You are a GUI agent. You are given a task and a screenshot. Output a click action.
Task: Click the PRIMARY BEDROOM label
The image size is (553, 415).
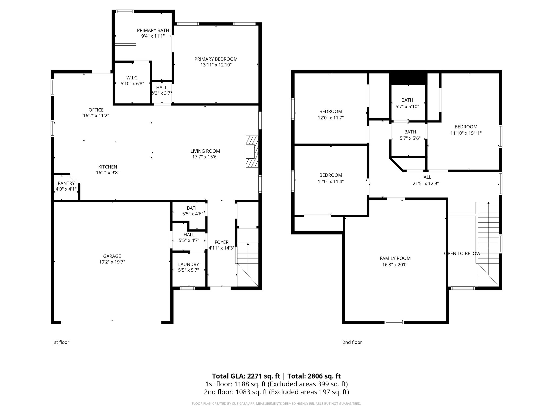[216, 59]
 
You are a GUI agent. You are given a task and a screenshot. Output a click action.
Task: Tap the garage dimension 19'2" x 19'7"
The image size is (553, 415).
[112, 262]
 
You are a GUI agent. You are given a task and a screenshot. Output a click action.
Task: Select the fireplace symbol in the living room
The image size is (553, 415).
[252, 152]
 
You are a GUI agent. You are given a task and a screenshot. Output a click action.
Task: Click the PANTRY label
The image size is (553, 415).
[66, 183]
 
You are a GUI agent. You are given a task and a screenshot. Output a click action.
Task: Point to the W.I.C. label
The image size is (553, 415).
[132, 78]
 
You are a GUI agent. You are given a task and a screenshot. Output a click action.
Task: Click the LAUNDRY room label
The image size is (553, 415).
[188, 264]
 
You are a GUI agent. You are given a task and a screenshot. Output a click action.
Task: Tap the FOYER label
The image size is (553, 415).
[221, 242]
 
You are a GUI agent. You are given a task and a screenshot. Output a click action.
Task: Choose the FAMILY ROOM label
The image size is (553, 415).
[395, 258]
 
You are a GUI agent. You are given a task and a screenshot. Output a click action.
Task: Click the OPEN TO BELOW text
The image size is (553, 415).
[462, 253]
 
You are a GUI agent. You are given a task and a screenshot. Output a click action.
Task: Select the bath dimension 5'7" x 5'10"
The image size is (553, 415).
[407, 107]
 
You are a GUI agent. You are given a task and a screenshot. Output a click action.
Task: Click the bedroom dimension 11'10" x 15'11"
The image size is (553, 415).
[466, 133]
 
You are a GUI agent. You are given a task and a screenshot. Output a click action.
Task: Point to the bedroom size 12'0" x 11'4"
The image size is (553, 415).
[331, 182]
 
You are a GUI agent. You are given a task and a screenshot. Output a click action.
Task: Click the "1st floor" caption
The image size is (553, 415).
[60, 342]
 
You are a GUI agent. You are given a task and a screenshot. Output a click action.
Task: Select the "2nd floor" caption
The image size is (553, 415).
[352, 342]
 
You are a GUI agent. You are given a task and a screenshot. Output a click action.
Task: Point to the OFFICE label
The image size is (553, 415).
[96, 110]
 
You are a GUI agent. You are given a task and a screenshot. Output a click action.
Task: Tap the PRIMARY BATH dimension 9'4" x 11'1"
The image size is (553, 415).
[153, 36]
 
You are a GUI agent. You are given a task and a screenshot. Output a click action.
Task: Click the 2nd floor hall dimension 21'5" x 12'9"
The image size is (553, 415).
[426, 183]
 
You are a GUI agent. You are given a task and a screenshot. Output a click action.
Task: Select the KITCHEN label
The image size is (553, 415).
[107, 167]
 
